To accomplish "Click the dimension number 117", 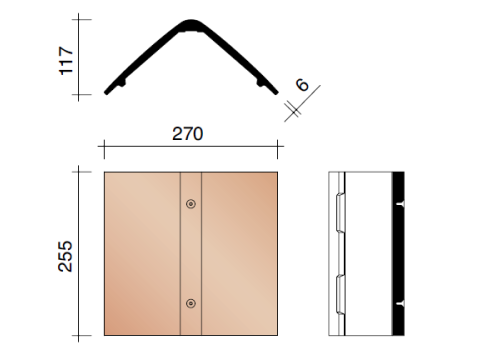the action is pos(66,61).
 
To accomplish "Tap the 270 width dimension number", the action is pos(187,134).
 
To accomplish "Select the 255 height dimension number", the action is pos(65,256).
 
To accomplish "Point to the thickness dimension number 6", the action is pos(302,84).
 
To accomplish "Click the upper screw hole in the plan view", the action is pos(191,204).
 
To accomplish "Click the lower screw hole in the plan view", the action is pos(191,303).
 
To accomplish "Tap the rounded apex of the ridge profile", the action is pos(191,25).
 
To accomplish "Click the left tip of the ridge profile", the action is pos(106,93).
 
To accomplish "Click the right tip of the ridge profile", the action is pos(276,93).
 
